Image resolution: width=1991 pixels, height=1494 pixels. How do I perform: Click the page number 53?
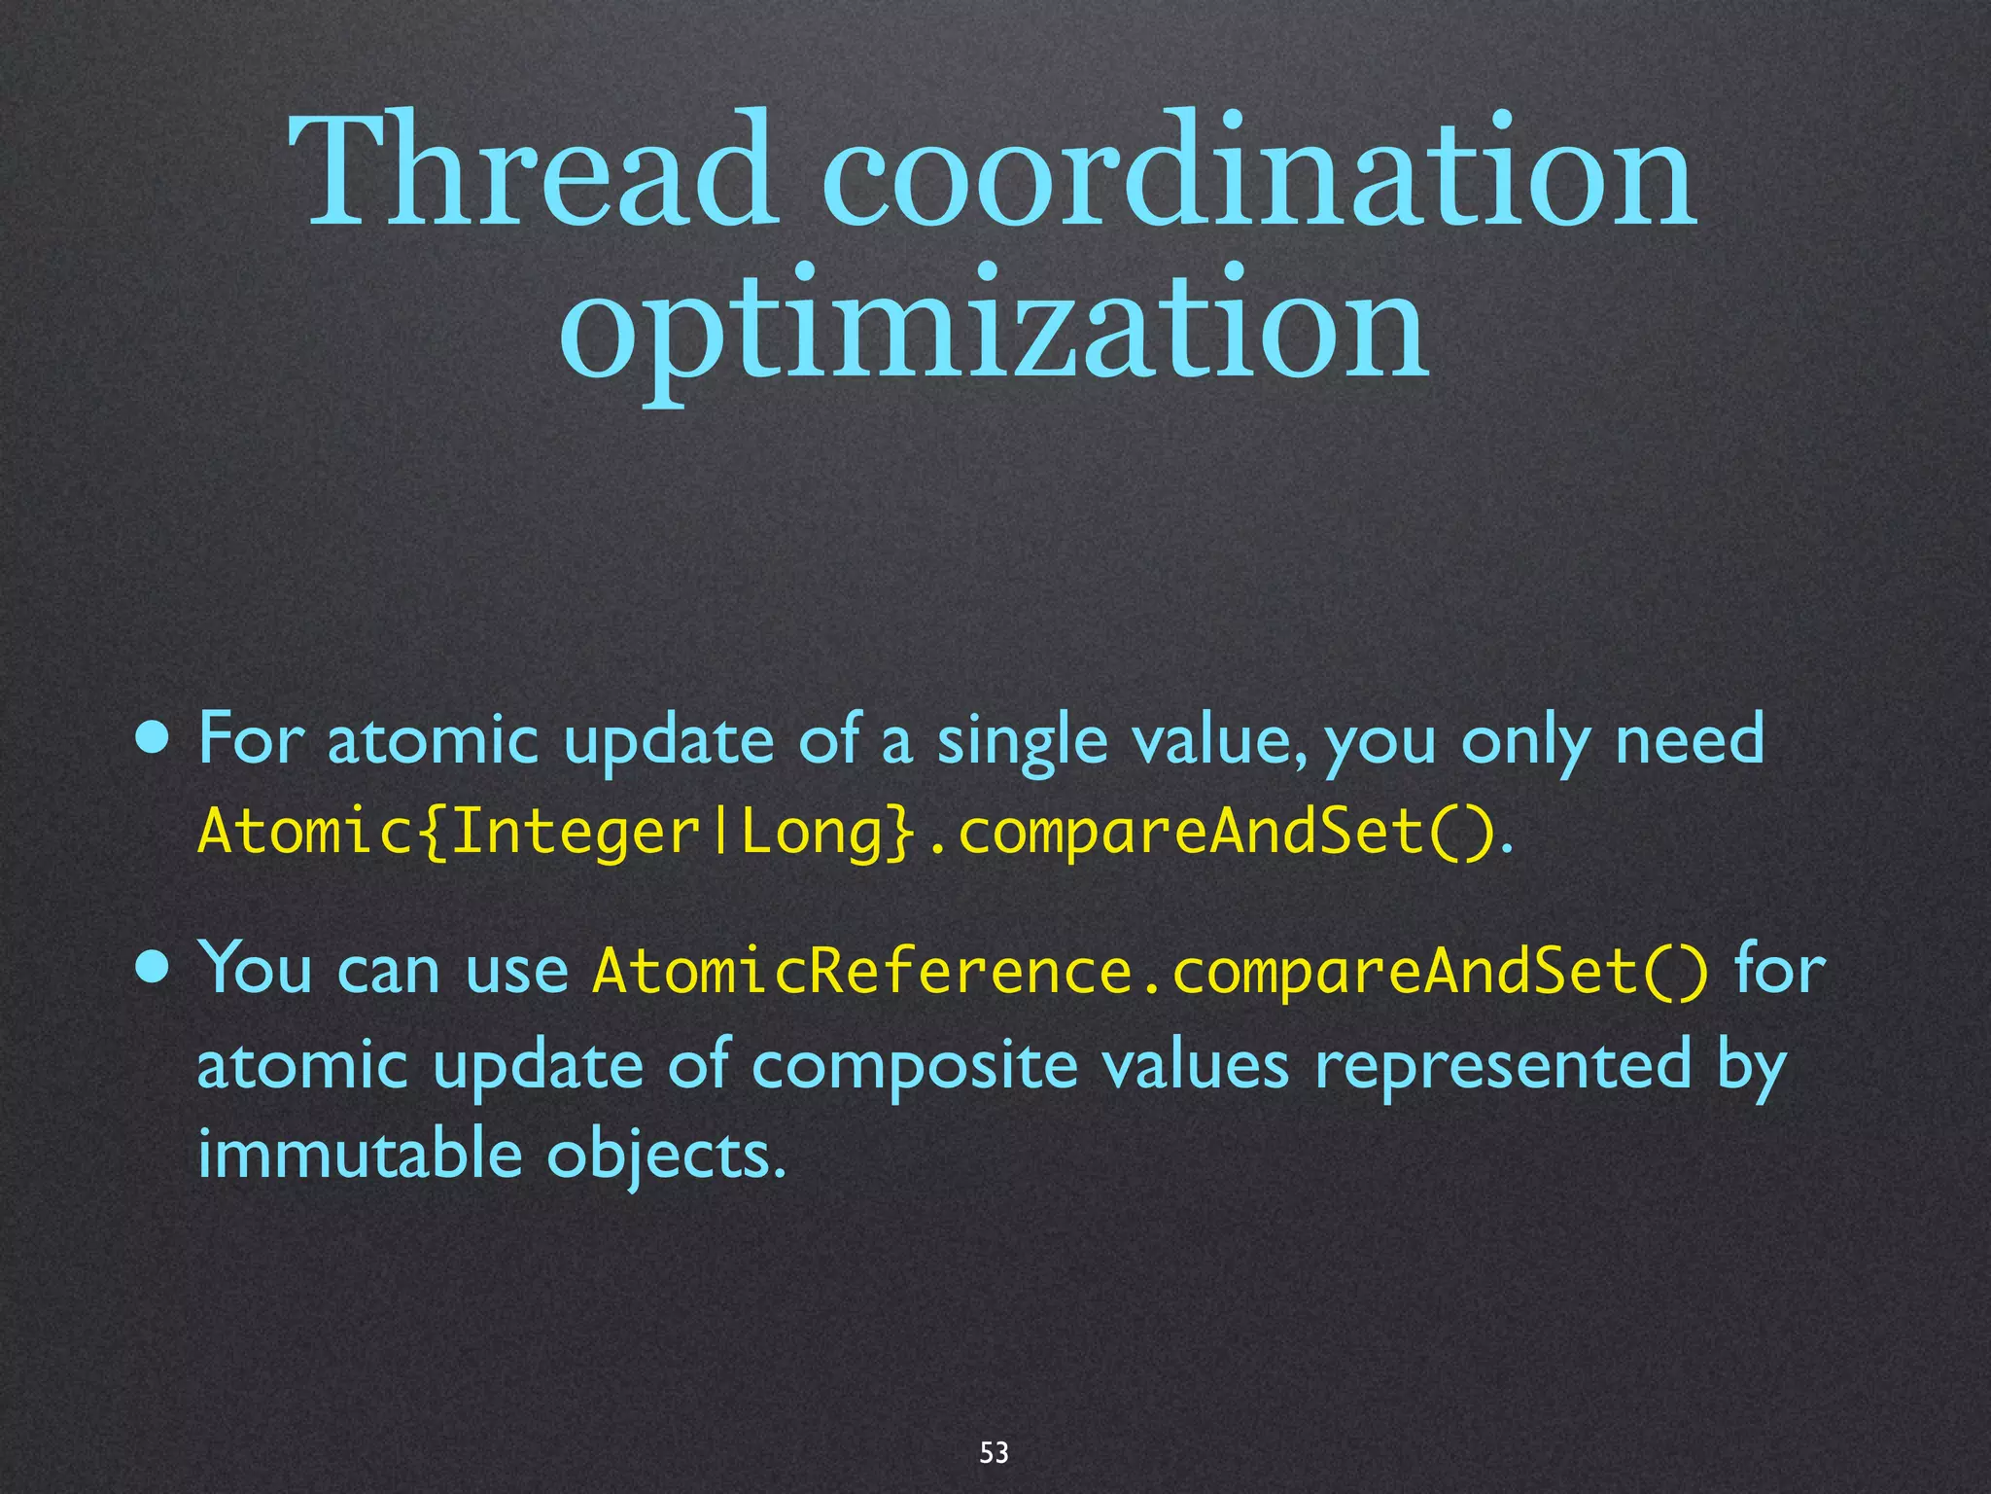pyautogui.click(x=994, y=1452)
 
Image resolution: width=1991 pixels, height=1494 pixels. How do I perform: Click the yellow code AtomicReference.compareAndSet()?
pyautogui.click(x=1149, y=971)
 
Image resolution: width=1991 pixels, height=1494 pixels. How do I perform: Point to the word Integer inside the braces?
pyautogui.click(x=576, y=833)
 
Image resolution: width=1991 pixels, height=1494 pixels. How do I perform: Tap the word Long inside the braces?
pyautogui.click(x=812, y=833)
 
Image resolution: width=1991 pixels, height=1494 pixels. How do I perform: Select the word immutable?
pyautogui.click(x=359, y=1154)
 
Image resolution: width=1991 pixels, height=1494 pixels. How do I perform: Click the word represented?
pyautogui.click(x=1503, y=1066)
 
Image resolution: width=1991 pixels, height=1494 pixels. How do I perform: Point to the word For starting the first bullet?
pyautogui.click(x=252, y=739)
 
